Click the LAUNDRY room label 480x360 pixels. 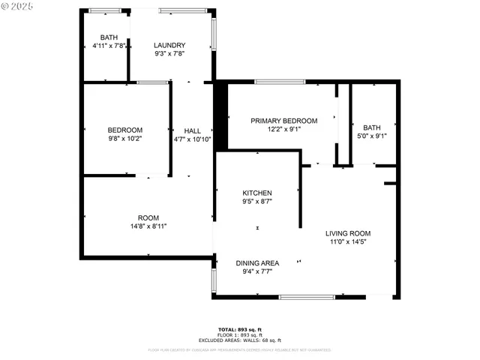click(169, 45)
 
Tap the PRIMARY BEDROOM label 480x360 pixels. click(283, 121)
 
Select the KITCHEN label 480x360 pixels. click(256, 193)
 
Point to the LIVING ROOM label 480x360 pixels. click(348, 233)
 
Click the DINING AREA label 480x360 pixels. click(257, 263)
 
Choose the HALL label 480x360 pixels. click(192, 130)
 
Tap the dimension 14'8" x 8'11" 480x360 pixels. click(148, 226)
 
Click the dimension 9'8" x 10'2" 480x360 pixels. click(124, 139)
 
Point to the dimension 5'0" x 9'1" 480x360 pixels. click(372, 136)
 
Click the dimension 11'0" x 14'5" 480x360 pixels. click(348, 241)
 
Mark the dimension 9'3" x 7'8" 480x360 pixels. click(169, 53)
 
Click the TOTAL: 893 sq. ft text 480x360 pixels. click(239, 330)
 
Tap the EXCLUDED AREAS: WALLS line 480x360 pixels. click(239, 340)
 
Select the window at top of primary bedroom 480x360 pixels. click(280, 81)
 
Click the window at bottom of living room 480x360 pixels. click(307, 297)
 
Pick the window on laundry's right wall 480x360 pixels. click(214, 34)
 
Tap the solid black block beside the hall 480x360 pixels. click(221, 109)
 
